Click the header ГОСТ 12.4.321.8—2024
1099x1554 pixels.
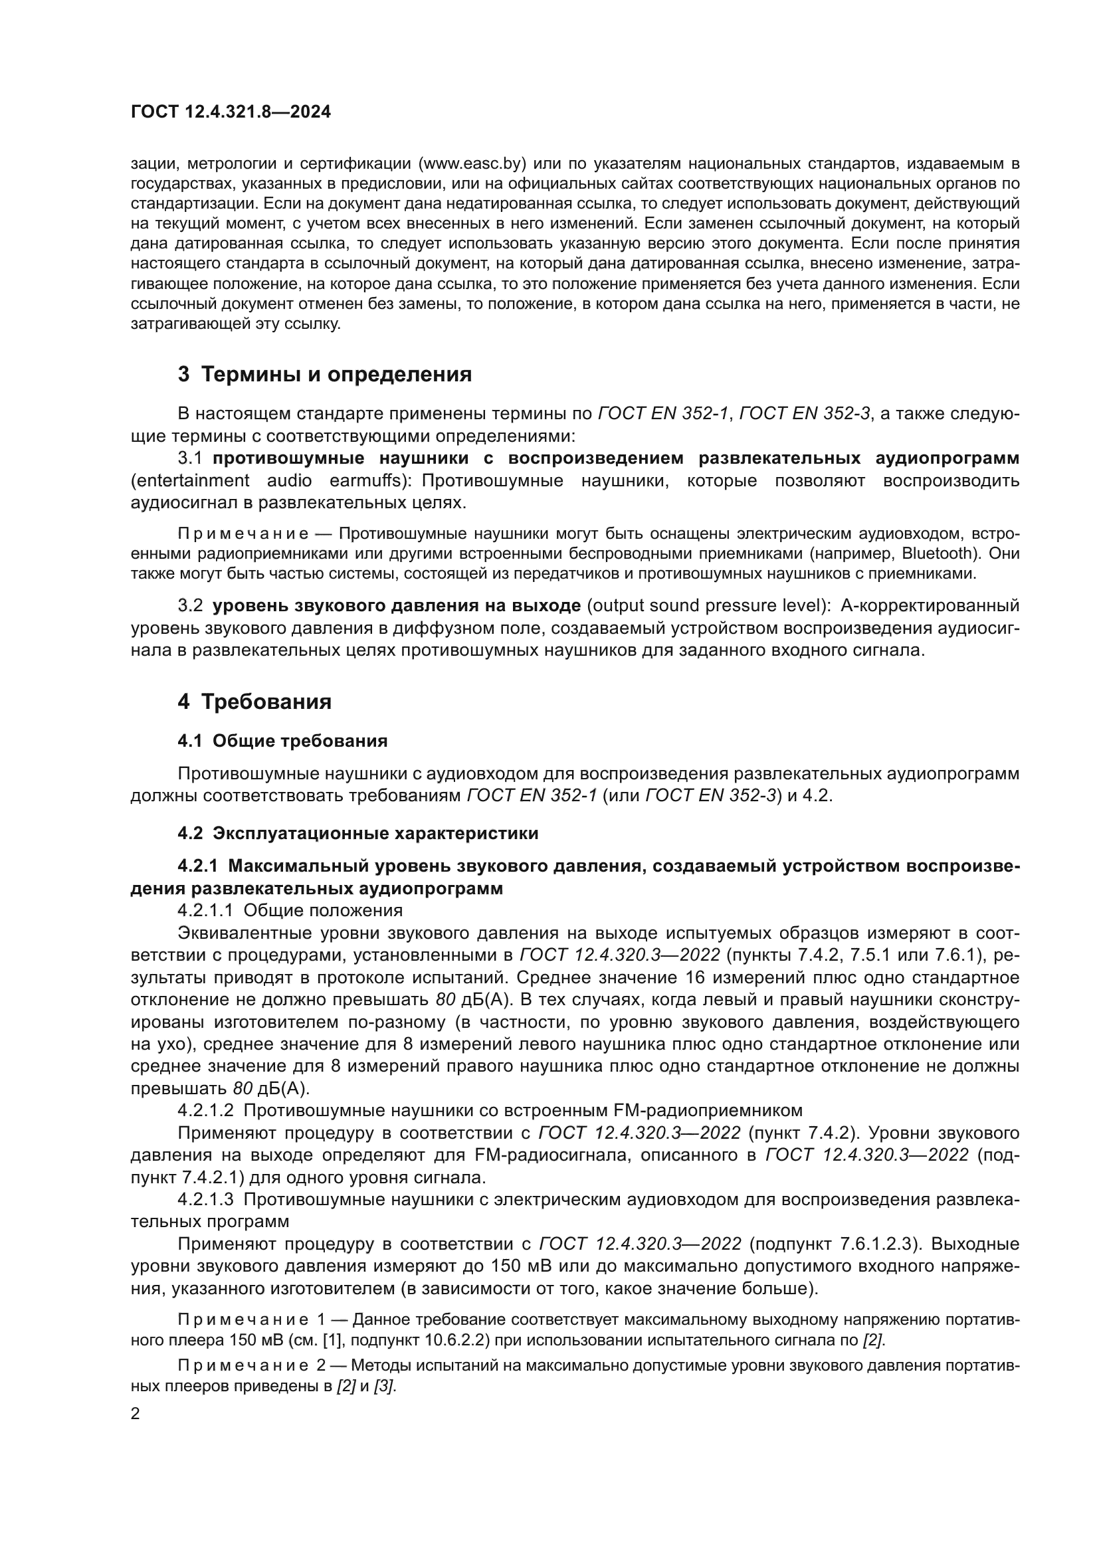coord(231,112)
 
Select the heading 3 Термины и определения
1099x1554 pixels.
coord(325,374)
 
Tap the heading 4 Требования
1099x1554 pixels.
coord(254,702)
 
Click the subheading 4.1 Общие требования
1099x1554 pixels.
coord(282,741)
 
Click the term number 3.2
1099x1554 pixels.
coord(190,605)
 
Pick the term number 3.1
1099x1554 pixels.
coord(190,458)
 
